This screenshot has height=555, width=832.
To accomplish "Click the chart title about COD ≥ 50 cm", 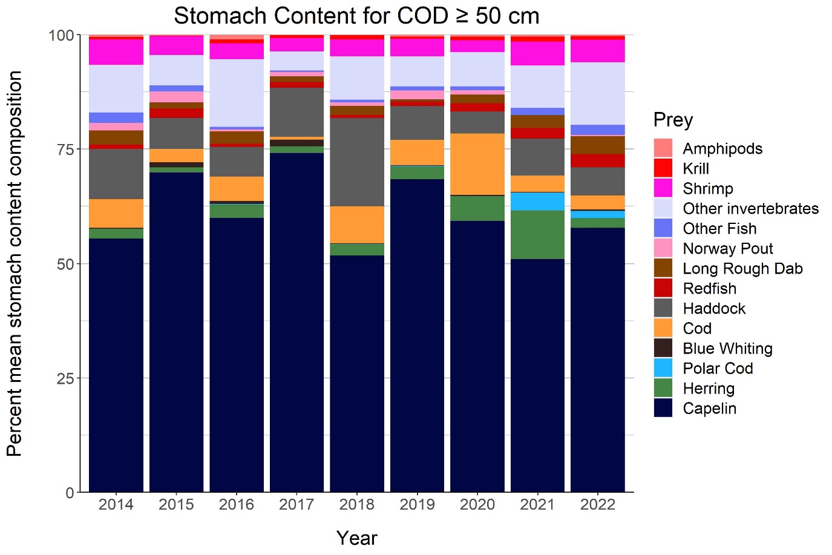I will [356, 16].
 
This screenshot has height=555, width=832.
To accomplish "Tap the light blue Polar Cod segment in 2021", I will [537, 201].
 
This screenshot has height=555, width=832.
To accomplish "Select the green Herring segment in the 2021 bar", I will [537, 235].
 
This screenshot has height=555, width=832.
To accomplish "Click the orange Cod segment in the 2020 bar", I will [477, 164].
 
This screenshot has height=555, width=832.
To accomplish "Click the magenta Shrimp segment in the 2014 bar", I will [116, 51].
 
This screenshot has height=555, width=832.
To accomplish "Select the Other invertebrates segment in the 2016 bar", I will [237, 93].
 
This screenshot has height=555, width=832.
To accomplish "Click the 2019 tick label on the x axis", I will [417, 505].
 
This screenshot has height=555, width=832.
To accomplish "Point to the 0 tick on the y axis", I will [70, 493].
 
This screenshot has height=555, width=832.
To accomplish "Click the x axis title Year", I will [356, 538].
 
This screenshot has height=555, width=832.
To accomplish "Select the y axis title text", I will [15, 263].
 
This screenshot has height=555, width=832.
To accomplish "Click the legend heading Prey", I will [673, 120].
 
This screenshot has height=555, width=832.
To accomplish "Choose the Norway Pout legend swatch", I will [663, 248].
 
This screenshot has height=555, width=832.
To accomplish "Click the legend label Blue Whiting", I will [727, 349].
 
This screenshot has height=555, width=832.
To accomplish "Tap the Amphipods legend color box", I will [663, 148].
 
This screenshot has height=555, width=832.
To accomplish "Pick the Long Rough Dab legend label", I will [742, 269].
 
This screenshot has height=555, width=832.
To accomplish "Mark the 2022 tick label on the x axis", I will [597, 505].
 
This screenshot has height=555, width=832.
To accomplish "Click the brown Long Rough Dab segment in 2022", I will [597, 145].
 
